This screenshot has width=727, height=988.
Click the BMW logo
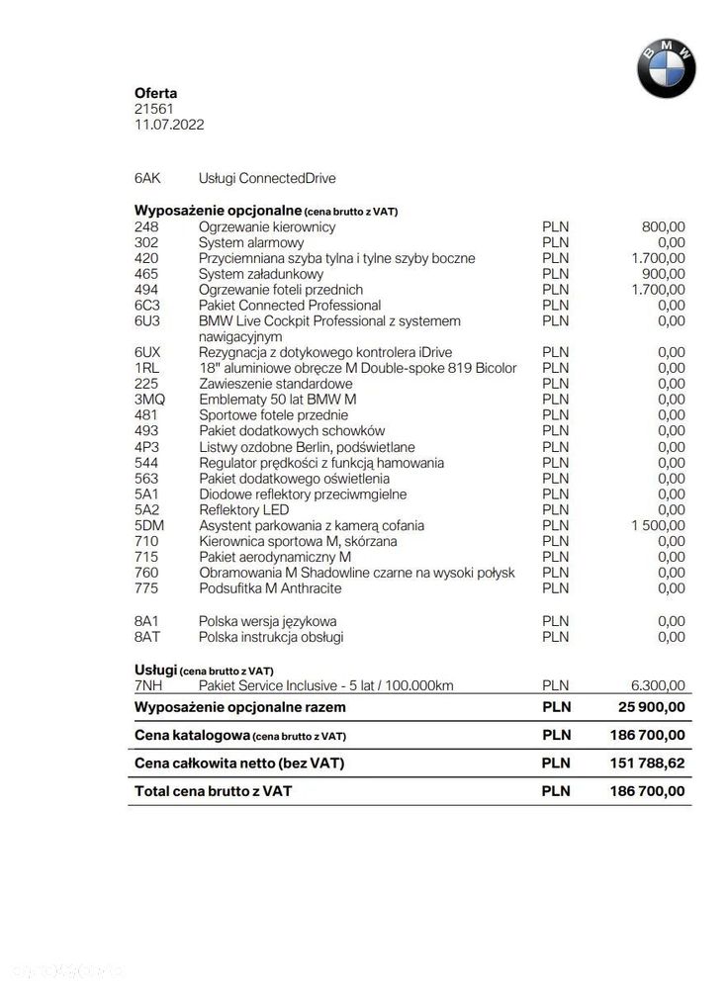point(666,69)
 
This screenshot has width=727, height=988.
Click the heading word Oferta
point(155,93)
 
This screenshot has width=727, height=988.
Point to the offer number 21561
point(153,109)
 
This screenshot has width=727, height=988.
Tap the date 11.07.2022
point(169,125)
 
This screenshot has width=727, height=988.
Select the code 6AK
point(147,178)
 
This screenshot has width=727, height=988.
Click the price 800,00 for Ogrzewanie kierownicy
point(663,226)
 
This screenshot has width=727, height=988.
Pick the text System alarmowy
point(251,242)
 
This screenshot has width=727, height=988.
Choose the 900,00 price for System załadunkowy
point(663,274)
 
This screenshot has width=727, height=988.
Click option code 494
point(145,290)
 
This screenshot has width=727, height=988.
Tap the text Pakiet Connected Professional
point(290,306)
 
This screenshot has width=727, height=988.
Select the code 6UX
point(147,352)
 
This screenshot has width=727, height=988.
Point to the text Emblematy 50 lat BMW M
point(278,400)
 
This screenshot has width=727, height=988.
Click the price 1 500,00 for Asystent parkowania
point(657,525)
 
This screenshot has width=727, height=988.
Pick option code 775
point(145,588)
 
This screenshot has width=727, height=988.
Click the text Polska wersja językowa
point(267,621)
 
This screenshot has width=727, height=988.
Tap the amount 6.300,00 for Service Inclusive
point(657,684)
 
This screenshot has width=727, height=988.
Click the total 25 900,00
point(650,708)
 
